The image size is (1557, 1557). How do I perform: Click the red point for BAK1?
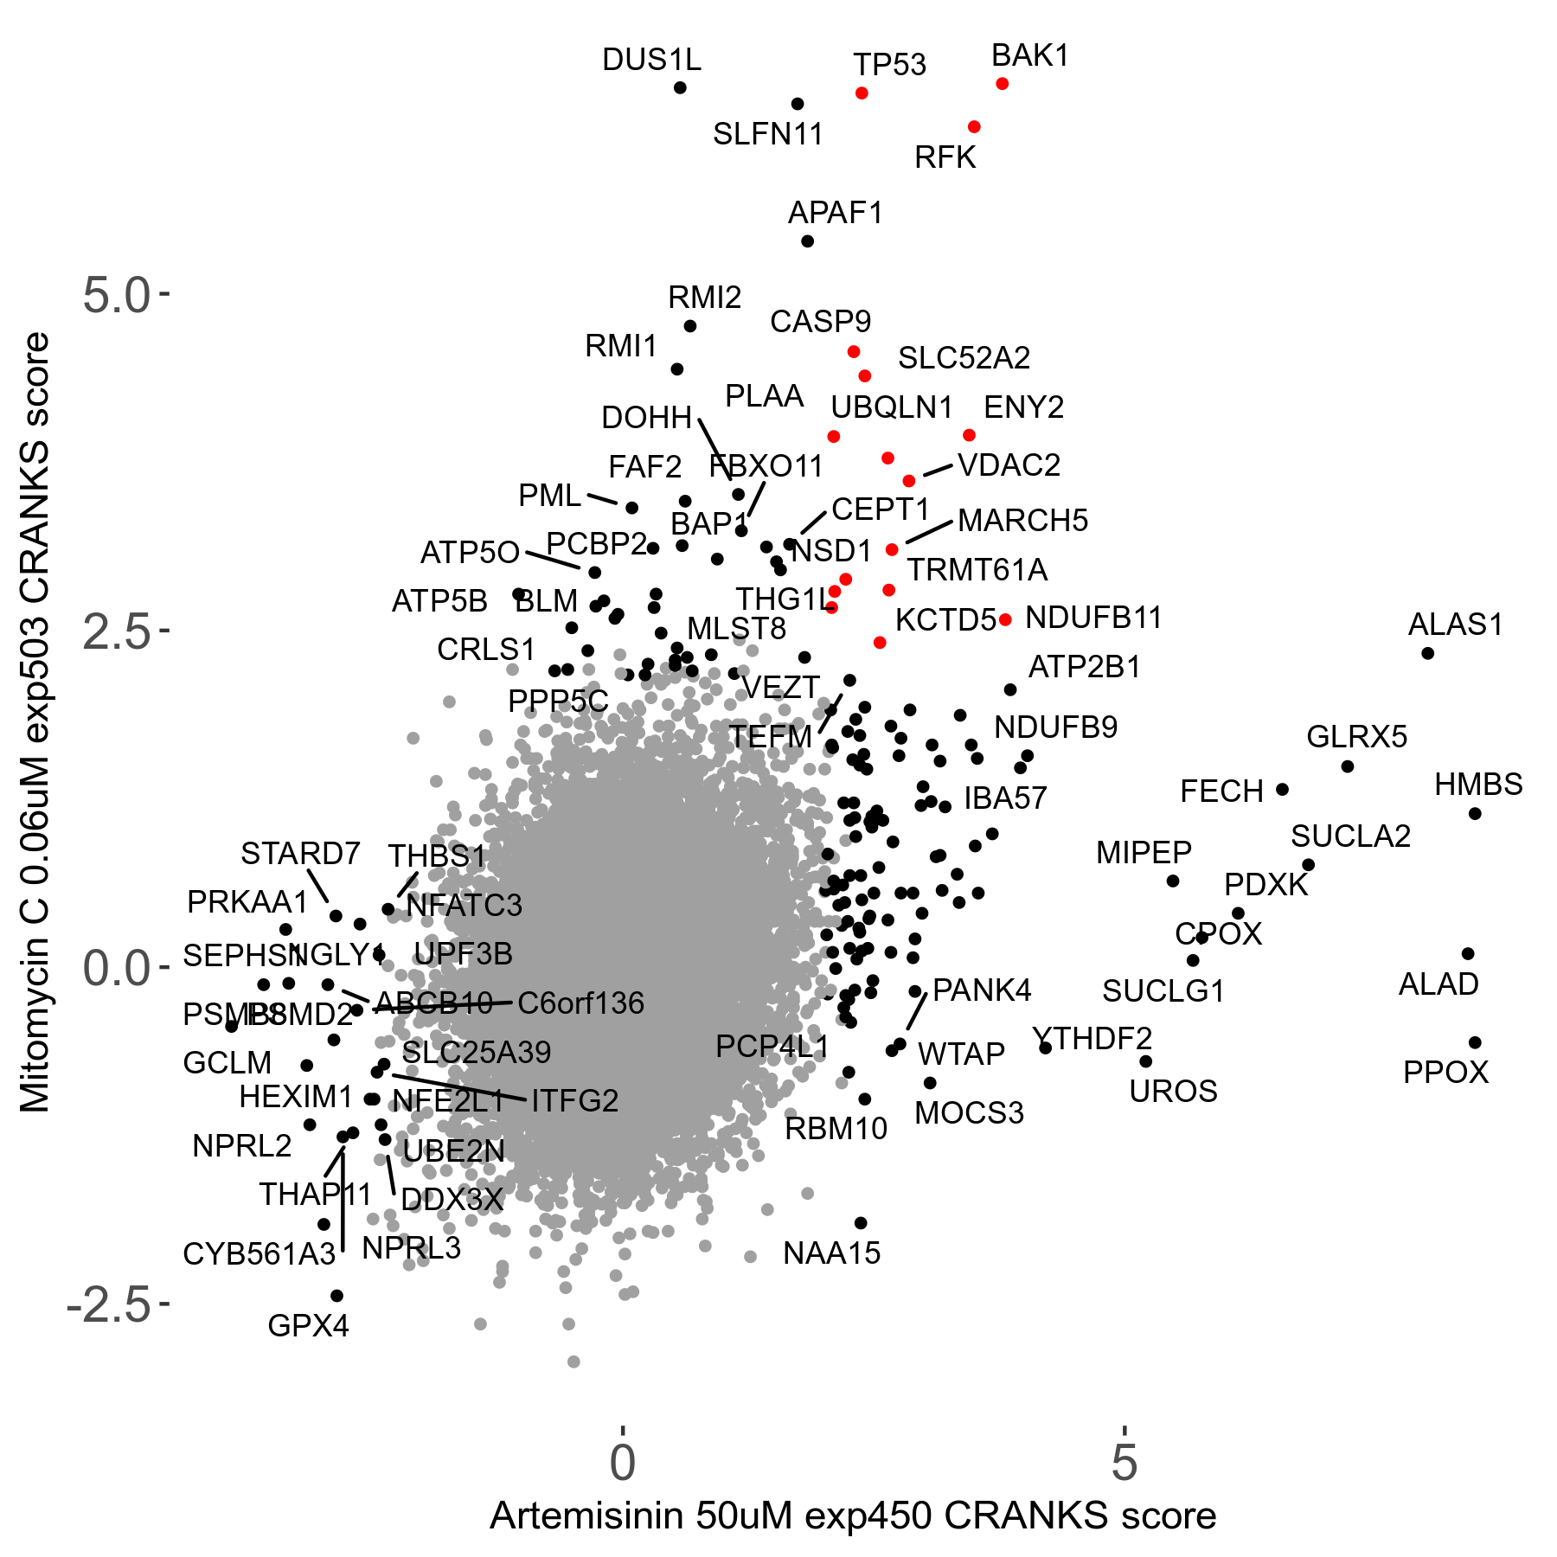coord(1002,84)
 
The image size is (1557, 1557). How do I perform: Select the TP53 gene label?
coord(889,65)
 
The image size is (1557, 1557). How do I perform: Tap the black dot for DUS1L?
coord(680,88)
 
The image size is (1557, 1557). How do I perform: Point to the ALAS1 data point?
coord(1427,653)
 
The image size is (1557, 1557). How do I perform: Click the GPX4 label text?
coord(308,1325)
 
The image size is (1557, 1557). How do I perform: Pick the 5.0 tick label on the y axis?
coord(117,296)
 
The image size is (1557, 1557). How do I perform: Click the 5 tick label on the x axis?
coord(1124,1463)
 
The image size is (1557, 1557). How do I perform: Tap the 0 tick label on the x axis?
coord(622,1463)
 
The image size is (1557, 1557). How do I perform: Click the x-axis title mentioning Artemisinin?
coord(853,1516)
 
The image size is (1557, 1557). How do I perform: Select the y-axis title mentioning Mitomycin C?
coord(35,723)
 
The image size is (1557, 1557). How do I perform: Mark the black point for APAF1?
coord(807,241)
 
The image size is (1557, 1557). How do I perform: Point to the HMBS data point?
coord(1475,814)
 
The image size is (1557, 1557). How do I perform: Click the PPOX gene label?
coord(1445,1073)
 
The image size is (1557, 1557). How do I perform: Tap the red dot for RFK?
coord(974,127)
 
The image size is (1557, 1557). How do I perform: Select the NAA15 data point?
coord(861,1223)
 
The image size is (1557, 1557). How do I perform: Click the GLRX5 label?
coord(1356,737)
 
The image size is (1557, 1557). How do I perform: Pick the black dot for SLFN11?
coord(798,105)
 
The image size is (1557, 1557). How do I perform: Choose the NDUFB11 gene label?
coord(1093,618)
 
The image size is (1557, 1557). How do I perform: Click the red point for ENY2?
coord(969,435)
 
